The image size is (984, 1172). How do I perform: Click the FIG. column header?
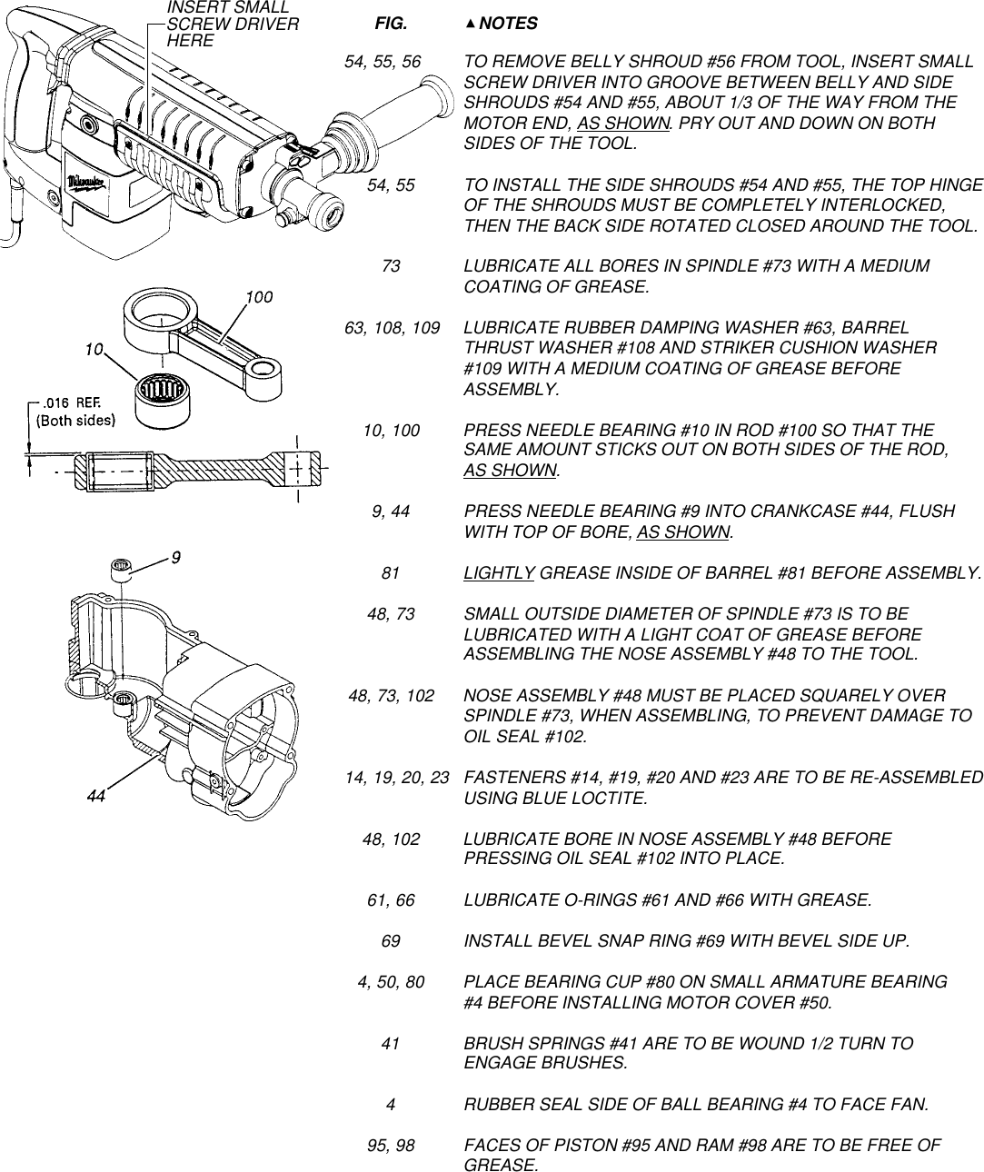[392, 23]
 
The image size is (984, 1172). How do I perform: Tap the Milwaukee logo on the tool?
[88, 184]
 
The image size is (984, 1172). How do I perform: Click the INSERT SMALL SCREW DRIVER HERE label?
[233, 25]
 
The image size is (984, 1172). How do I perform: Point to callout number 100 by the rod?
[260, 297]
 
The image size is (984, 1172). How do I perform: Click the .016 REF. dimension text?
[69, 402]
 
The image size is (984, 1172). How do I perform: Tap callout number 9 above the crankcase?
[175, 559]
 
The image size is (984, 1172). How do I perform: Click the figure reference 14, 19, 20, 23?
[397, 779]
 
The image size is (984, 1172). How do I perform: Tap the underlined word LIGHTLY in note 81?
[499, 573]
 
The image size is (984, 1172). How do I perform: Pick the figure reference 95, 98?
[391, 1146]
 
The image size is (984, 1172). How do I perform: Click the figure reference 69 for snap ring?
[391, 940]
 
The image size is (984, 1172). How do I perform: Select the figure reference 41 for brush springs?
[391, 1044]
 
